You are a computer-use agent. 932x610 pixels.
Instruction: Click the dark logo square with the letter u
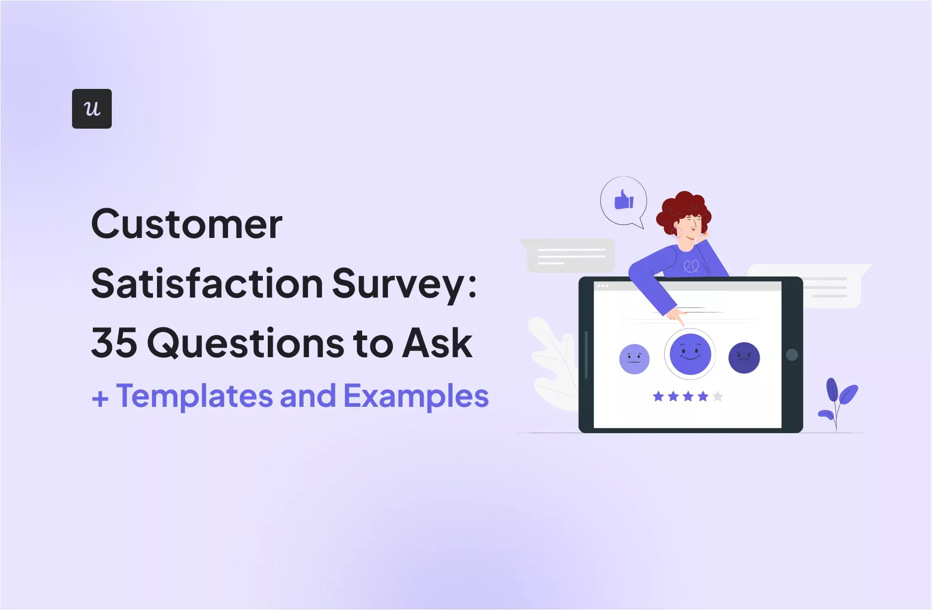click(x=92, y=109)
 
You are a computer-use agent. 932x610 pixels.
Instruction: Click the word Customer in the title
click(x=187, y=225)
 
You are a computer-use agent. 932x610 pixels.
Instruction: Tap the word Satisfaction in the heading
click(x=207, y=284)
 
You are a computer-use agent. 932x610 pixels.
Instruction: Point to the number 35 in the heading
click(x=114, y=343)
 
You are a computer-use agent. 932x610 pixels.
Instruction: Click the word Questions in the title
click(x=246, y=344)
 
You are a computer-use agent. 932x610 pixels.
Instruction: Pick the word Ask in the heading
click(x=437, y=343)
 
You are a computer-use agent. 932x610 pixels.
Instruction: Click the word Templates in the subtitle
click(x=195, y=396)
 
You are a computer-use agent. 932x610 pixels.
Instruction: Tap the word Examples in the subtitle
click(x=416, y=396)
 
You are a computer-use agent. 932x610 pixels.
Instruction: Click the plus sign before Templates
click(x=100, y=398)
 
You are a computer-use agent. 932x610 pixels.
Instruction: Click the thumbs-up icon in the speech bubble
click(x=624, y=200)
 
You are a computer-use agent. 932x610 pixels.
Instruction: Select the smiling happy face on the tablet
click(x=690, y=354)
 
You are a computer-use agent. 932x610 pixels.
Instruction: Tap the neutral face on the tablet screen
click(x=634, y=359)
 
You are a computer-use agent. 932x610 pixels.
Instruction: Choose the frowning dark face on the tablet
click(x=744, y=358)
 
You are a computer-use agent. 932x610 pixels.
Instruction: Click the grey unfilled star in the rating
click(x=718, y=396)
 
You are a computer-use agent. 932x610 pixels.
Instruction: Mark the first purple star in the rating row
click(x=658, y=396)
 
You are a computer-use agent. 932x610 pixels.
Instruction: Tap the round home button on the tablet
click(x=792, y=355)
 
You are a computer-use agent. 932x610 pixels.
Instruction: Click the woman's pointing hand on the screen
click(x=676, y=315)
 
